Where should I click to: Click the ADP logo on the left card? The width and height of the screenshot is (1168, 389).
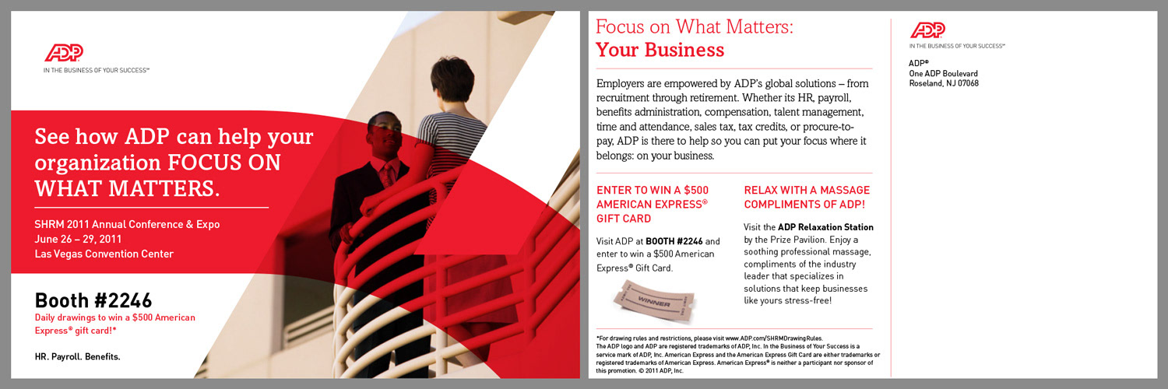(x=64, y=53)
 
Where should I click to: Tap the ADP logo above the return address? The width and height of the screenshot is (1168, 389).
(x=927, y=30)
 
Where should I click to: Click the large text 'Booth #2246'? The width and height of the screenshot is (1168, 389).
(x=93, y=300)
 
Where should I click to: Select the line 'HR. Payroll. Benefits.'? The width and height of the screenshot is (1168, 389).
(x=78, y=357)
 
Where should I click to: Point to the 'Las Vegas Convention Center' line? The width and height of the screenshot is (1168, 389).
(x=104, y=254)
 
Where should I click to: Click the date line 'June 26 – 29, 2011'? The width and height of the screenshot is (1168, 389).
(x=78, y=239)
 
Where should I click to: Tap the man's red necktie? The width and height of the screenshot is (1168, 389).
(x=388, y=175)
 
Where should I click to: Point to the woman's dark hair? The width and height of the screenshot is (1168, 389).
(x=452, y=78)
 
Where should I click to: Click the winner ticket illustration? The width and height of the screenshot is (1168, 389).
(x=654, y=302)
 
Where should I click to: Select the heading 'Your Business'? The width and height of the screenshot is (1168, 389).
(x=660, y=50)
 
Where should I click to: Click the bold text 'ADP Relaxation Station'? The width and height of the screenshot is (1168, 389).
(x=825, y=227)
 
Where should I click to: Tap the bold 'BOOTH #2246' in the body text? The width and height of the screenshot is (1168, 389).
(x=674, y=241)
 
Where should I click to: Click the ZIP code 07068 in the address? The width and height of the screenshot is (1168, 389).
(x=968, y=83)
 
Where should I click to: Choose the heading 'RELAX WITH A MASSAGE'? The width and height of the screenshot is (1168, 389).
(x=807, y=190)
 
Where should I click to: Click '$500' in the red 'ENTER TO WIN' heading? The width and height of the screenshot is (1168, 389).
(x=696, y=190)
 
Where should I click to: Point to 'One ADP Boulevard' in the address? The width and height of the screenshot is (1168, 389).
(x=943, y=73)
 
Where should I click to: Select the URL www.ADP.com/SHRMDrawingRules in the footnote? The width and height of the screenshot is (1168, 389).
(x=773, y=338)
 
